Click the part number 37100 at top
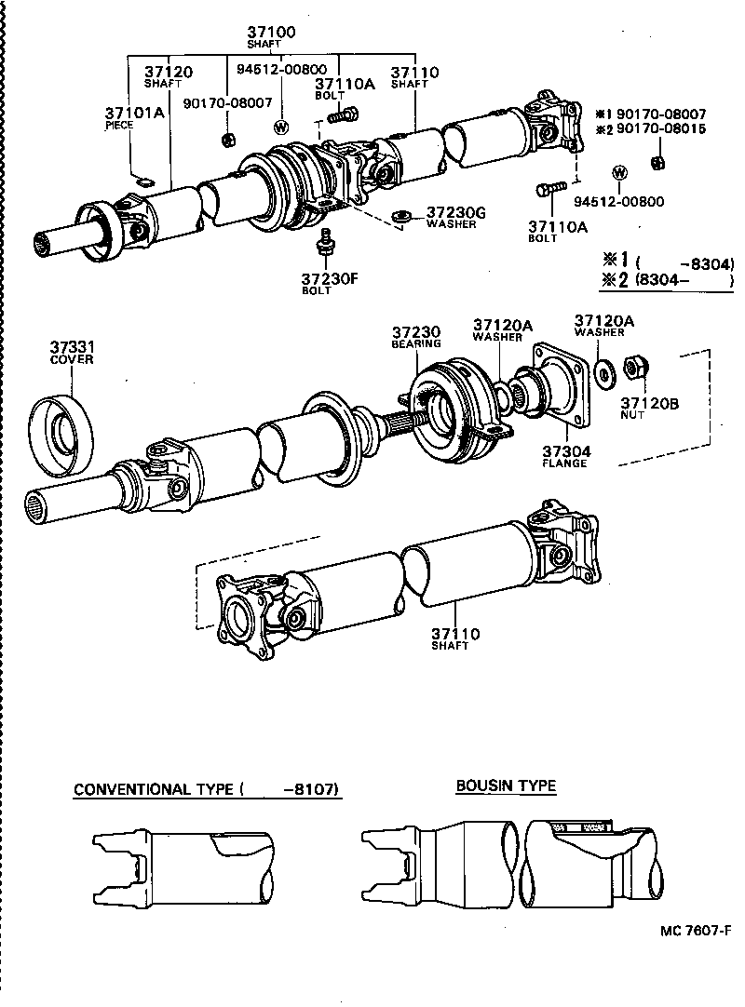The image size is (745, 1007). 271,33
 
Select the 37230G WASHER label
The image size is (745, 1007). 455,216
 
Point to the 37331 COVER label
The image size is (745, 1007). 72,353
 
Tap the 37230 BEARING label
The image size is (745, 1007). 415,337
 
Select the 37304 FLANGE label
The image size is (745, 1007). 566,456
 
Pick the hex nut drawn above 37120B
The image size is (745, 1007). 635,369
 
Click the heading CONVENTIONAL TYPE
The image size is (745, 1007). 154,790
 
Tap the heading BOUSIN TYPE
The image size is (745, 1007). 505,786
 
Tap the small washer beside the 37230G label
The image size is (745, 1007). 403,217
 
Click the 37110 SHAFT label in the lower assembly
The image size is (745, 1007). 454,639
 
